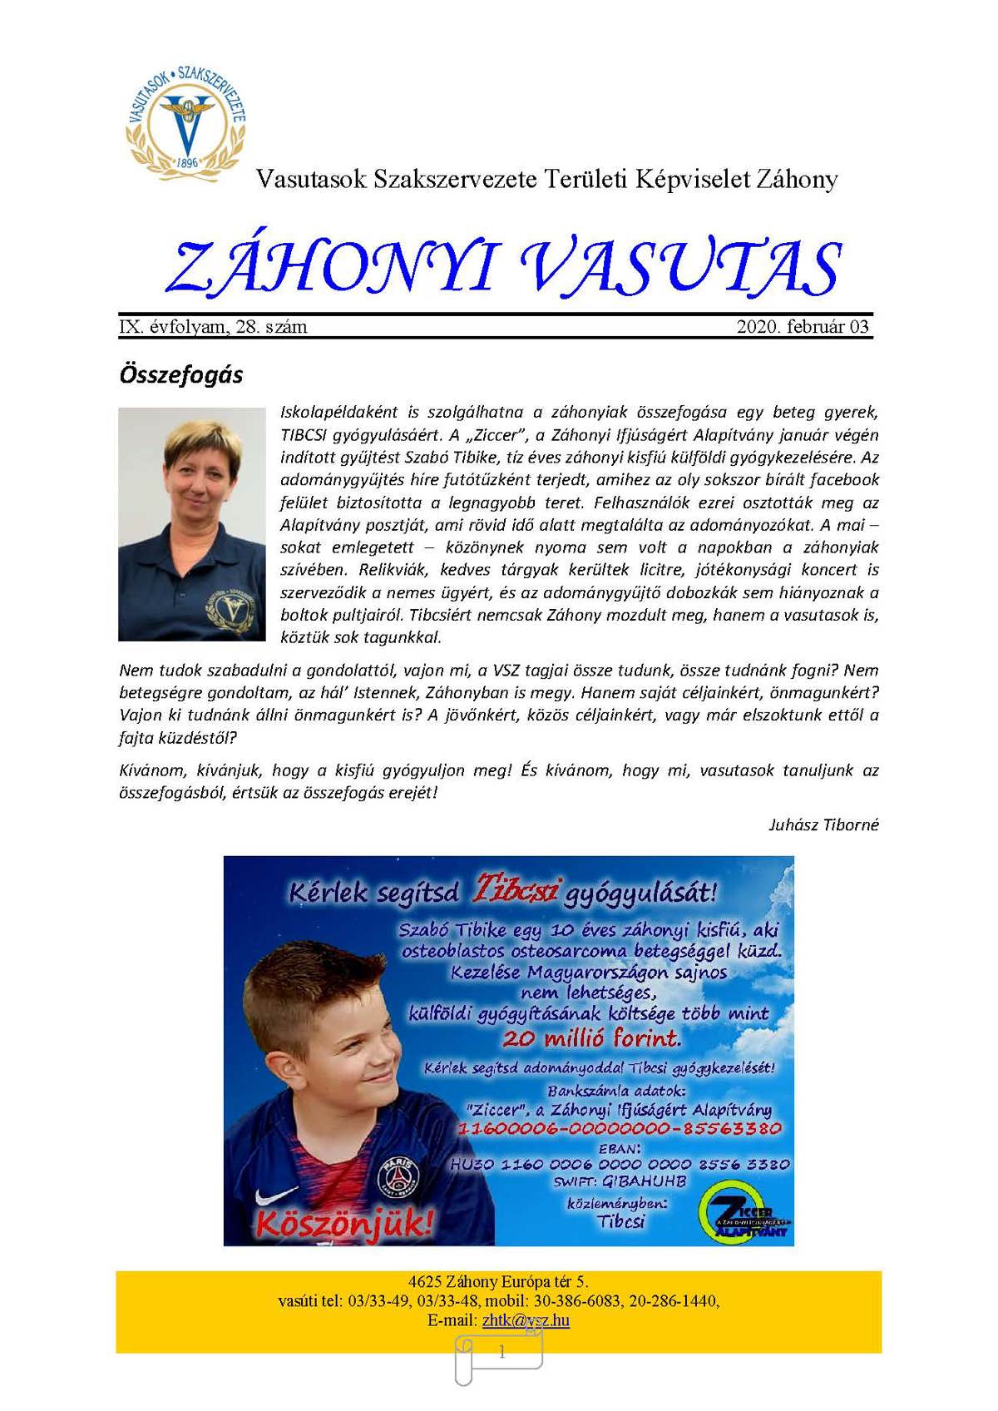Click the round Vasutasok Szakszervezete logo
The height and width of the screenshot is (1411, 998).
click(x=187, y=117)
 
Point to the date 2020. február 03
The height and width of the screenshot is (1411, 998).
click(x=803, y=327)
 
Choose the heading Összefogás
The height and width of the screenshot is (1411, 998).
click(x=181, y=374)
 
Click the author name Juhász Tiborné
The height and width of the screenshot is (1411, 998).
click(x=823, y=825)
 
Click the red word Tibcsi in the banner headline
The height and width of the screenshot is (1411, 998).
click(x=516, y=890)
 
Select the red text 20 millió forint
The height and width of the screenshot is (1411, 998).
click(x=591, y=1038)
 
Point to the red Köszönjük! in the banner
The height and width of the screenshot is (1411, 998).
click(x=344, y=1223)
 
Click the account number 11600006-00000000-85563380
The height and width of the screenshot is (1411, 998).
click(x=620, y=1129)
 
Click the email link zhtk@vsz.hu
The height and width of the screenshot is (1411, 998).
click(x=526, y=1320)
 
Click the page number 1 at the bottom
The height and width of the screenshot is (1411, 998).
click(x=501, y=1352)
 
